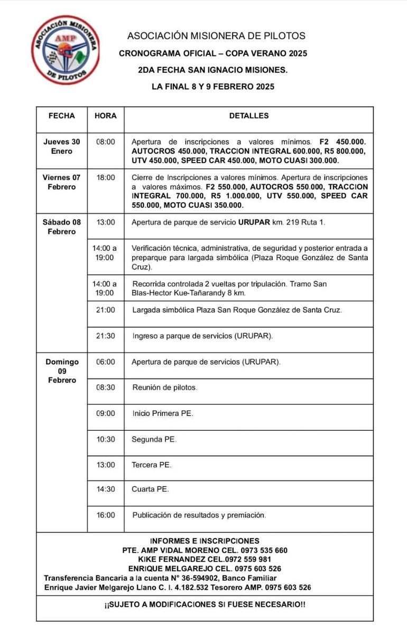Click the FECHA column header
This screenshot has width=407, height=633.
tap(62, 116)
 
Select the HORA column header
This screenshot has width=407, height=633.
tap(106, 116)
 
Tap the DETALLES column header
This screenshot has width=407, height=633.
tap(249, 116)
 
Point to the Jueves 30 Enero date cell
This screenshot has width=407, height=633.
tap(62, 146)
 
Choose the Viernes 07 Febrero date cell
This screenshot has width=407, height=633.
tap(62, 182)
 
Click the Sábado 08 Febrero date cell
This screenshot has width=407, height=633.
tap(62, 226)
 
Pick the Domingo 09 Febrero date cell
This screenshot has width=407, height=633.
tap(62, 371)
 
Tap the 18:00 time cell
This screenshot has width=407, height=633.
tap(106, 178)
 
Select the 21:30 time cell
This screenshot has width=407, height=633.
tap(106, 335)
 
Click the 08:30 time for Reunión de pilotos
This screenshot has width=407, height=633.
tap(106, 387)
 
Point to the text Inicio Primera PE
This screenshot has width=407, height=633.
tap(163, 413)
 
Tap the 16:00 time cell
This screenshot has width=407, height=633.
tap(106, 515)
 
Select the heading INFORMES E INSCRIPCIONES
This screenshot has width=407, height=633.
tap(205, 541)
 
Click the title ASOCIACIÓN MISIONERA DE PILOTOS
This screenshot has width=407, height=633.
tap(216, 36)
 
